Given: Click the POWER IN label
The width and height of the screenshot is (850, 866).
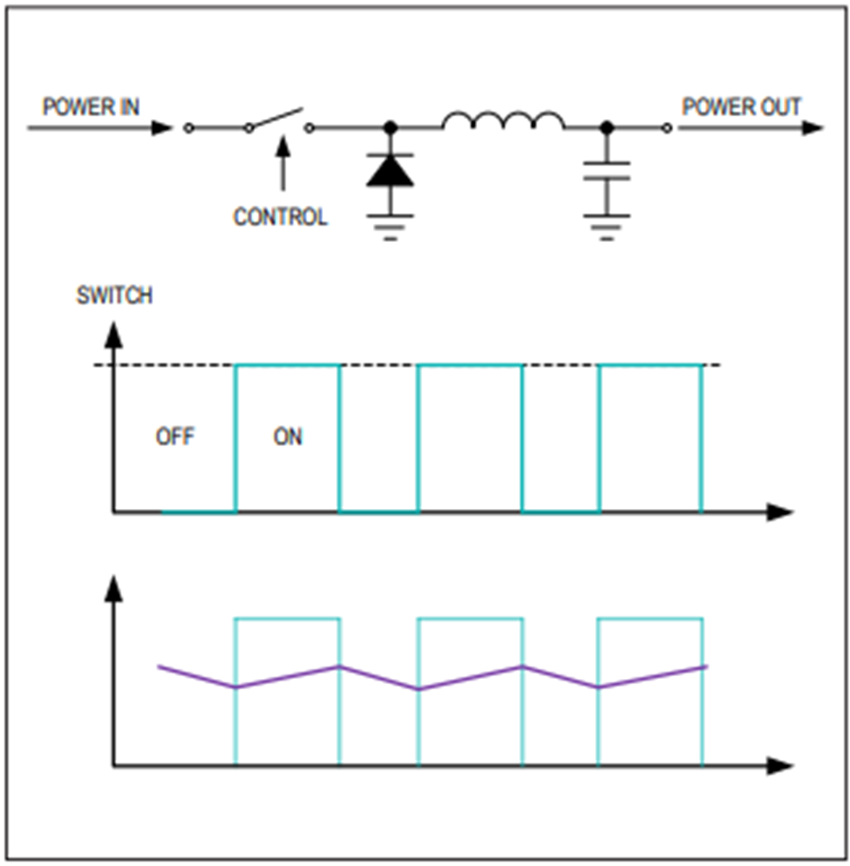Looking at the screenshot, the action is pyautogui.click(x=91, y=107).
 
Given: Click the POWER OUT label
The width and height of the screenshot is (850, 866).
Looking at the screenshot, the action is pyautogui.click(x=741, y=107).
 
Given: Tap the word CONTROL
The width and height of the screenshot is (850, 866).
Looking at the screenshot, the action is pyautogui.click(x=280, y=216).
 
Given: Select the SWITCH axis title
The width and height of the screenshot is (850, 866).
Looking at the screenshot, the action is pyautogui.click(x=114, y=296).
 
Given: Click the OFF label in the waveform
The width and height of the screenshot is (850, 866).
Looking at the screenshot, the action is pyautogui.click(x=175, y=437).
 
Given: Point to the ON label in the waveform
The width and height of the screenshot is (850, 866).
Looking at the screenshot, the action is pyautogui.click(x=288, y=437).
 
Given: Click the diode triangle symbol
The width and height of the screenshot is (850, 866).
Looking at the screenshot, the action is pyautogui.click(x=390, y=170).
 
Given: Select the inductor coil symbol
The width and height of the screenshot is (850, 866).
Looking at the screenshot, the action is pyautogui.click(x=503, y=120).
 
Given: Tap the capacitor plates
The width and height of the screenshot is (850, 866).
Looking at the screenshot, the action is pyautogui.click(x=607, y=171).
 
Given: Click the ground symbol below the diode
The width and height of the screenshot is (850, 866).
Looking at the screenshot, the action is pyautogui.click(x=390, y=228).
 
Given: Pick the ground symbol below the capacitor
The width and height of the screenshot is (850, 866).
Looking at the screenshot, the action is pyautogui.click(x=607, y=228).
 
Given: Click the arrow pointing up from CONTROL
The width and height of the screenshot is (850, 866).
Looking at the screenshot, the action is pyautogui.click(x=283, y=163).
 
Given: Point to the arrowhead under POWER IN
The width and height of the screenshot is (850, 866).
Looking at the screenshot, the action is pyautogui.click(x=161, y=128).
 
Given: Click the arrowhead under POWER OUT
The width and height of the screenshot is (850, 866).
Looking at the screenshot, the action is pyautogui.click(x=812, y=128).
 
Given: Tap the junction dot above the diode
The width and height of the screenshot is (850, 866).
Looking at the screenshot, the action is pyautogui.click(x=390, y=128).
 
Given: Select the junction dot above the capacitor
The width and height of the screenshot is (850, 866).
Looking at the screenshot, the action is pyautogui.click(x=607, y=128).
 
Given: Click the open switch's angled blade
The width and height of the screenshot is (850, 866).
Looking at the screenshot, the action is pyautogui.click(x=276, y=118).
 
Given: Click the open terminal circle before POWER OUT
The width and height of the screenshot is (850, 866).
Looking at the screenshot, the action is pyautogui.click(x=667, y=128).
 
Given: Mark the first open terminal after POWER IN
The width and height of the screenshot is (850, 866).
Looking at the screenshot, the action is pyautogui.click(x=188, y=128).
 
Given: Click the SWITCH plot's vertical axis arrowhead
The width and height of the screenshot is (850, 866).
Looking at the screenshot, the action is pyautogui.click(x=113, y=334).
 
